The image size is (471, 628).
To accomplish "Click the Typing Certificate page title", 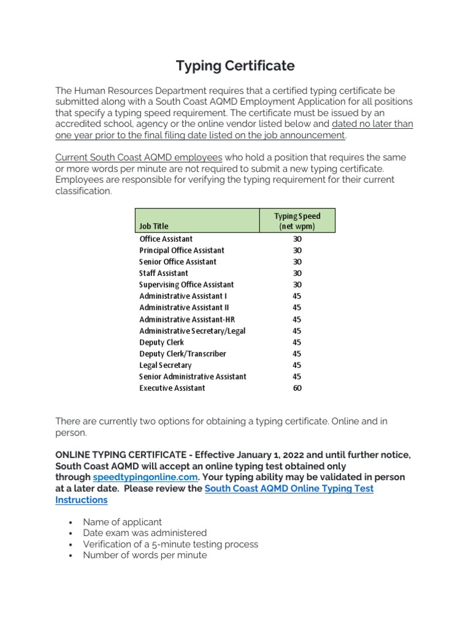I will pyautogui.click(x=235, y=66).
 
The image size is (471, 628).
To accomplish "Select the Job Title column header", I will pyautogui.click(x=154, y=226).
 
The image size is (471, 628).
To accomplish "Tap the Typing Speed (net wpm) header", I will pyautogui.click(x=297, y=221).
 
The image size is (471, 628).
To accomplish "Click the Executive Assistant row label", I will pyautogui.click(x=172, y=388).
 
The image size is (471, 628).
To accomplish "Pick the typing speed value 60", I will pyautogui.click(x=297, y=388).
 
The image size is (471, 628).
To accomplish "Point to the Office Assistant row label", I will pyautogui.click(x=166, y=239).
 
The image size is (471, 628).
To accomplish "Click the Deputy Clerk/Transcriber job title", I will pyautogui.click(x=183, y=354).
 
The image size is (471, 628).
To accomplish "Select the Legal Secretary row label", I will pyautogui.click(x=166, y=366).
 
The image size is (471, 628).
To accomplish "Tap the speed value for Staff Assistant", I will pyautogui.click(x=297, y=274).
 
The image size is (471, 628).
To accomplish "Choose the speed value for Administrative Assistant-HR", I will pyautogui.click(x=297, y=320).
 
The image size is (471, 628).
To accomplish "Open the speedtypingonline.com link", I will pyautogui.click(x=145, y=477).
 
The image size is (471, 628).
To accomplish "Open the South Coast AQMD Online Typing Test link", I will pyautogui.click(x=288, y=489).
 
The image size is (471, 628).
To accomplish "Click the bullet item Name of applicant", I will pyautogui.click(x=123, y=522).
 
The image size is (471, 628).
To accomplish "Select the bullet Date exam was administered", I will pyautogui.click(x=145, y=533).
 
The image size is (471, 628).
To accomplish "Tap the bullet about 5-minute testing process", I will pyautogui.click(x=170, y=544).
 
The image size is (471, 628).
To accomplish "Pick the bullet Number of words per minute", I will pyautogui.click(x=145, y=555).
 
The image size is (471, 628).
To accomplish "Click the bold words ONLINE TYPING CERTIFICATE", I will pyautogui.click(x=120, y=454).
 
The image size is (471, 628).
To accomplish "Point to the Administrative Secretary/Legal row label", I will pyautogui.click(x=193, y=331).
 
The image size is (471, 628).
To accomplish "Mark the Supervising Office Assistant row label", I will pyautogui.click(x=186, y=285).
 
